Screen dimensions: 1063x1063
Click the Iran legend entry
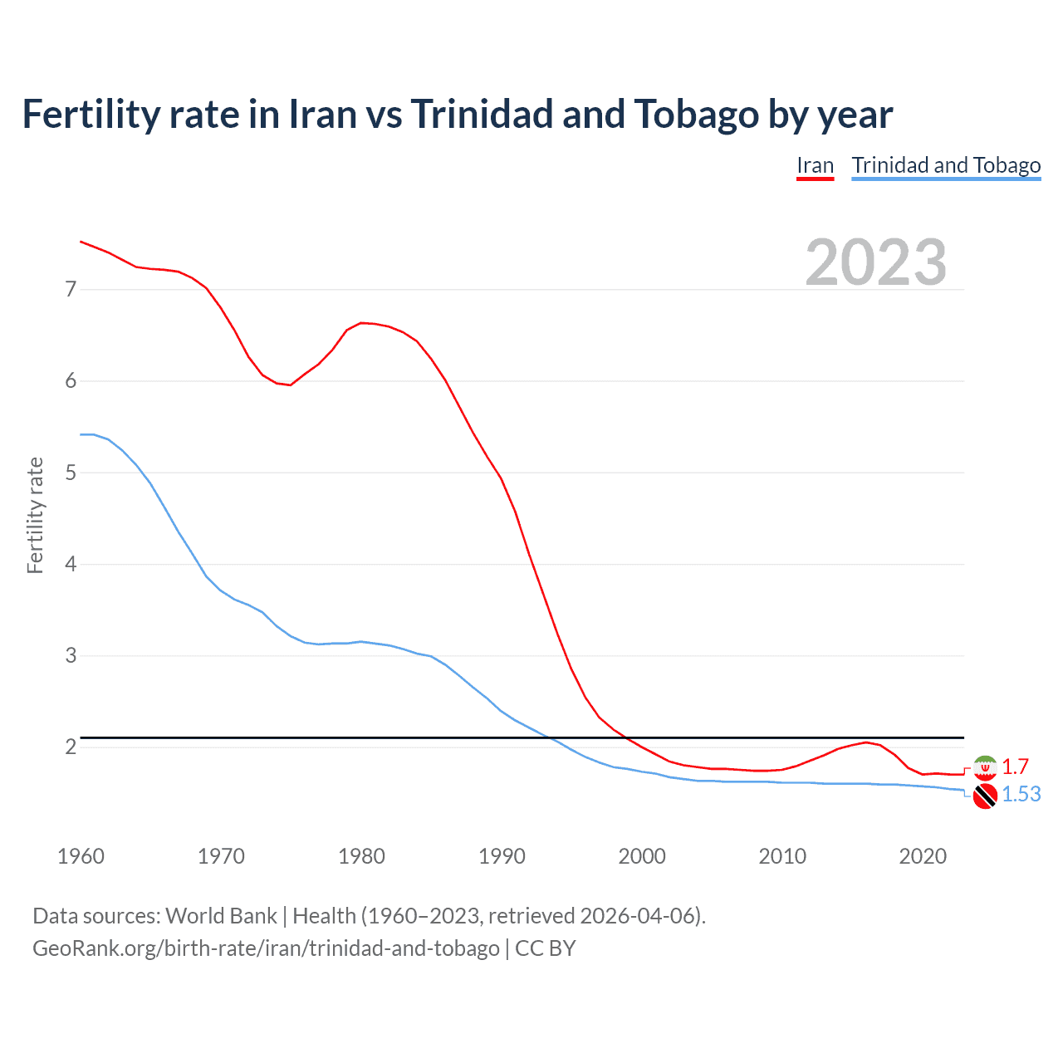tap(815, 165)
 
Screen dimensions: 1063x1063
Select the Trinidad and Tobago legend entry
tap(946, 165)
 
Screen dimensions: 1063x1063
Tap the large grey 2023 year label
tap(875, 262)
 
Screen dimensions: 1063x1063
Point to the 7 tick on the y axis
tap(71, 289)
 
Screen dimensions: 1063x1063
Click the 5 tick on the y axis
tap(71, 473)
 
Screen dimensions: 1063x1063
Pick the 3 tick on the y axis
tap(71, 656)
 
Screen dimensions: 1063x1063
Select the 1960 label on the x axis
tap(81, 856)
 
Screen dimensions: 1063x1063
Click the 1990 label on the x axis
tap(502, 856)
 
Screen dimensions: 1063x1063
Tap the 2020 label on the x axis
tap(923, 856)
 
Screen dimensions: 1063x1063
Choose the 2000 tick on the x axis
tap(642, 856)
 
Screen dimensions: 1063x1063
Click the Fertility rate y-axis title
tap(35, 515)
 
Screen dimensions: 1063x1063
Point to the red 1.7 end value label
tap(1015, 767)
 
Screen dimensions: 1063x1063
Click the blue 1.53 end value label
tap(1021, 795)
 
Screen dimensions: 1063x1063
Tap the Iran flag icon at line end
tap(985, 767)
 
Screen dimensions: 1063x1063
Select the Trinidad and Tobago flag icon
tap(985, 796)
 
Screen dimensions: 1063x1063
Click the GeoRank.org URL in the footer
tap(266, 948)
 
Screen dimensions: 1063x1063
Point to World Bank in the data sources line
tap(221, 916)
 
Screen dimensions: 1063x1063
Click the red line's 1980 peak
tap(361, 322)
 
